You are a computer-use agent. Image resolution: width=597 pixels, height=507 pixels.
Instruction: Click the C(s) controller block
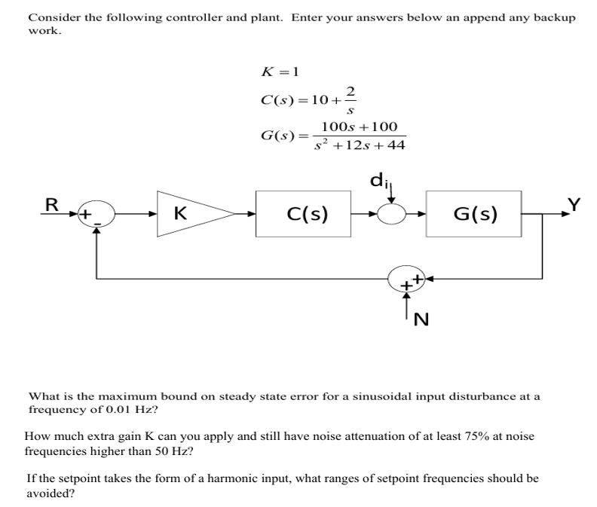pos(308,215)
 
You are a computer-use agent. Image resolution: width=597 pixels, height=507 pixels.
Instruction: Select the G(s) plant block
pos(474,215)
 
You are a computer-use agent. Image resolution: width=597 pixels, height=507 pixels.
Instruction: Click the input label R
pos(52,204)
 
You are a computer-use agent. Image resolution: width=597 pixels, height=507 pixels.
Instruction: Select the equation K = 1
pos(280,72)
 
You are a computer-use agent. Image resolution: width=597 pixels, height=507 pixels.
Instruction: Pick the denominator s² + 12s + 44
pos(360,145)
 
